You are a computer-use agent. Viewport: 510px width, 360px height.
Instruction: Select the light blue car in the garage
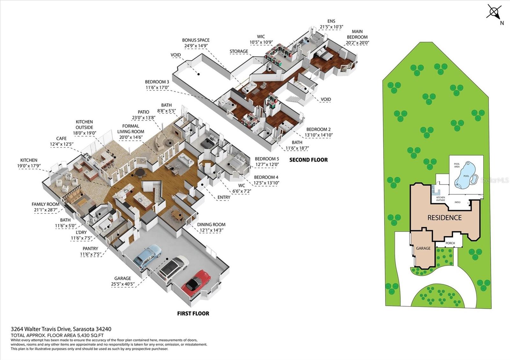point(148,256)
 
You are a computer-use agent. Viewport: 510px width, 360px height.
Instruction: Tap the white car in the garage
point(173,269)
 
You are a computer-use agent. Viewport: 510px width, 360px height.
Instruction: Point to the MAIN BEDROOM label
point(357,34)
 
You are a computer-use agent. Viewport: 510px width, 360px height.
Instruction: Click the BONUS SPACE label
point(196,40)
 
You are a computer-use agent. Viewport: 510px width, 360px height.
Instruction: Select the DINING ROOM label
point(211,225)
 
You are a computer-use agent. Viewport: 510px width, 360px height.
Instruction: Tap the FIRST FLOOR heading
point(193,313)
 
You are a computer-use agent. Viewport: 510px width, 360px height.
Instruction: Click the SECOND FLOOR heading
point(309,160)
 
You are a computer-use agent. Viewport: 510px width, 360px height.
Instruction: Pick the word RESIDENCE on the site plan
point(444,218)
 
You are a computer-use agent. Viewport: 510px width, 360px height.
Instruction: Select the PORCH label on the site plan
point(450,243)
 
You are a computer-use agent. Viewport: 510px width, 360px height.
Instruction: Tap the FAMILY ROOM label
point(46,204)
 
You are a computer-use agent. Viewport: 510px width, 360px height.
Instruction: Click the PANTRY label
point(91,248)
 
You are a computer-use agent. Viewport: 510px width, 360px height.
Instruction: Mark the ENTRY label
point(224,197)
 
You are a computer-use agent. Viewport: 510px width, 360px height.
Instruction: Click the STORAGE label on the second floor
point(239,51)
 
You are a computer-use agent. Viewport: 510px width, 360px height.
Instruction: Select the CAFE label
point(62,138)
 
